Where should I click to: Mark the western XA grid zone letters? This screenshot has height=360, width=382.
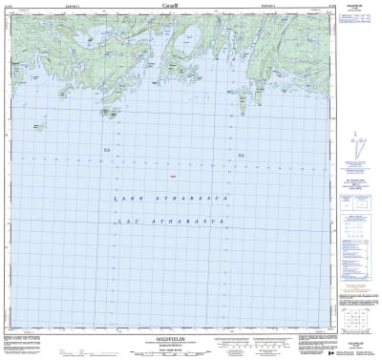coord(107,151)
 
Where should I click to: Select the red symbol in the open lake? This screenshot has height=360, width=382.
coord(172,177)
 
